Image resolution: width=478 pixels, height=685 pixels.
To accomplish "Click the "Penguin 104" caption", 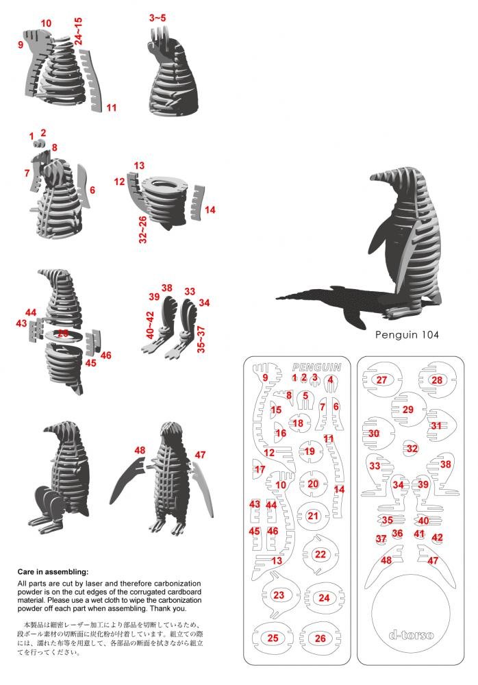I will pyautogui.click(x=407, y=335).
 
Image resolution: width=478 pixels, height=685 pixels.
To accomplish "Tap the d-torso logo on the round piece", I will pyautogui.click(x=411, y=634).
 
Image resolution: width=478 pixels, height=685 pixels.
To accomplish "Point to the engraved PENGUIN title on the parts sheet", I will pyautogui.click(x=316, y=367).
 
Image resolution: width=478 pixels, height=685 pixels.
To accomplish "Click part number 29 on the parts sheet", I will pyautogui.click(x=408, y=410).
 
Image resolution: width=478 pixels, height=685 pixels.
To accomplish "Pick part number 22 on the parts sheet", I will pyautogui.click(x=320, y=554).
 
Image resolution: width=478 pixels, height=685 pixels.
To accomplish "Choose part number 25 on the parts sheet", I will pyautogui.click(x=273, y=638).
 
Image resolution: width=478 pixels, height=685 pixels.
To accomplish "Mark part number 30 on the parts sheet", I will pyautogui.click(x=374, y=434).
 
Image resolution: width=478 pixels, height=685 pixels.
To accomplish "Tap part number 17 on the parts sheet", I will pyautogui.click(x=260, y=470).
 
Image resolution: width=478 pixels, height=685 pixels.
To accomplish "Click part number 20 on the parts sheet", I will pyautogui.click(x=313, y=484).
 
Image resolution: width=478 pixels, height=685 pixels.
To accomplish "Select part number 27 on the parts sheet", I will pyautogui.click(x=382, y=380).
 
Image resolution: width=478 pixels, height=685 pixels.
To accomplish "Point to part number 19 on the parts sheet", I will pyautogui.click(x=310, y=451).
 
